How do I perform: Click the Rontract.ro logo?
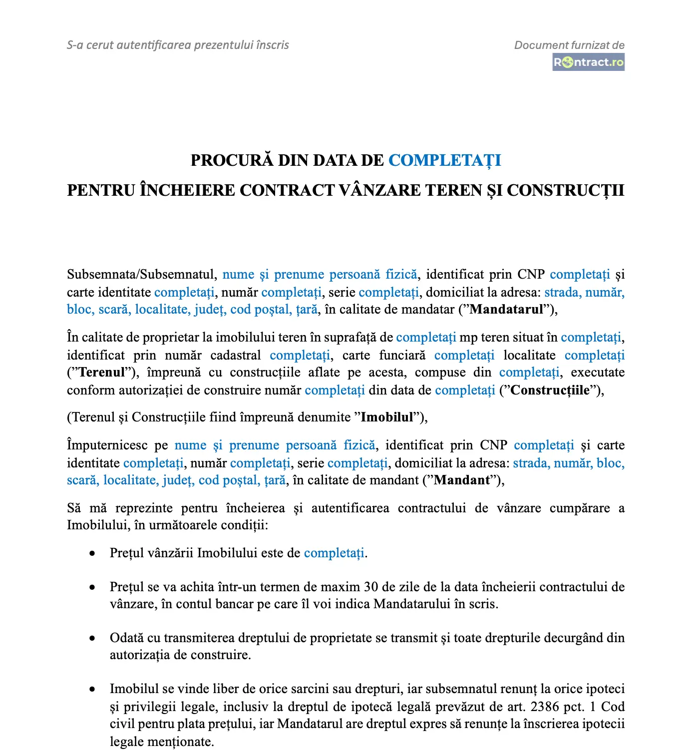click(588, 62)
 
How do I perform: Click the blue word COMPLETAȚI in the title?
click(444, 160)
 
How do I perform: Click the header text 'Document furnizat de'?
click(569, 45)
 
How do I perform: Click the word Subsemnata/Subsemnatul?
click(142, 275)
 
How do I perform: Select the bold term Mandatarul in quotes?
click(506, 310)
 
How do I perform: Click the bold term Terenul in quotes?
click(102, 373)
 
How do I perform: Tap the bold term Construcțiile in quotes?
click(550, 390)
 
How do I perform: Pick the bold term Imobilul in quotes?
click(387, 417)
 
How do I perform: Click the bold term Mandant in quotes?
click(462, 480)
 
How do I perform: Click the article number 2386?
click(545, 707)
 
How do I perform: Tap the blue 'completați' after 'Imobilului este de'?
click(334, 553)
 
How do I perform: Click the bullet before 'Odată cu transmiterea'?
click(92, 638)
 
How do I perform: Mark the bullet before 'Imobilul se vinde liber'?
click(92, 689)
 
